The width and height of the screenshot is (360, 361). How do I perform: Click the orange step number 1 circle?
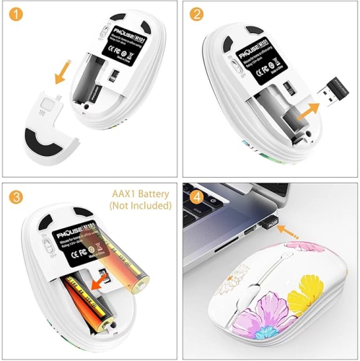14,14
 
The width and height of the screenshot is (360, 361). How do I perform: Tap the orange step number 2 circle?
196,14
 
